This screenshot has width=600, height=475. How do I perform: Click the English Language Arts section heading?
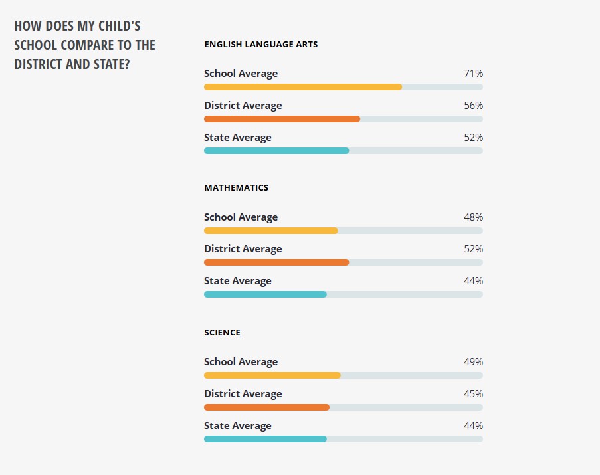click(x=260, y=45)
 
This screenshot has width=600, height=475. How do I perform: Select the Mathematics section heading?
click(x=236, y=188)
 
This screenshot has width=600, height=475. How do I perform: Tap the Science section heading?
click(x=222, y=332)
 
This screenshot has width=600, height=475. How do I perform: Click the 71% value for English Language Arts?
click(x=473, y=74)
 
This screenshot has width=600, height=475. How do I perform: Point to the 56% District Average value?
click(x=473, y=106)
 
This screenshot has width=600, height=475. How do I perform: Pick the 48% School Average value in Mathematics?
click(x=473, y=217)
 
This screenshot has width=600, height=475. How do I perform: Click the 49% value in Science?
click(x=473, y=362)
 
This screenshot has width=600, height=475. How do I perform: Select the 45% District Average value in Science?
click(x=473, y=394)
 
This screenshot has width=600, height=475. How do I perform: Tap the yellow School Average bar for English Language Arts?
click(x=302, y=87)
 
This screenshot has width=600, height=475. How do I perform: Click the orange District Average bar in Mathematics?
click(x=276, y=262)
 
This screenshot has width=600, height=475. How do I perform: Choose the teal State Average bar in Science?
click(x=265, y=439)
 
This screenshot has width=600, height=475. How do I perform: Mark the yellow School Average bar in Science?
click(x=272, y=375)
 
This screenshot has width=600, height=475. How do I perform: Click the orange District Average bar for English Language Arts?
click(x=282, y=119)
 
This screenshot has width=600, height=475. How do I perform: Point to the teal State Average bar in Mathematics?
click(x=265, y=294)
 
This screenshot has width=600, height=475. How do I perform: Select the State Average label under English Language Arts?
click(x=237, y=138)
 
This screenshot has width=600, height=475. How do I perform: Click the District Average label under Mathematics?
click(x=243, y=249)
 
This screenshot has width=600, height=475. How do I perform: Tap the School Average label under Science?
click(x=241, y=362)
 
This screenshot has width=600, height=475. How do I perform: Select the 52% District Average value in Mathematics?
click(x=473, y=249)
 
